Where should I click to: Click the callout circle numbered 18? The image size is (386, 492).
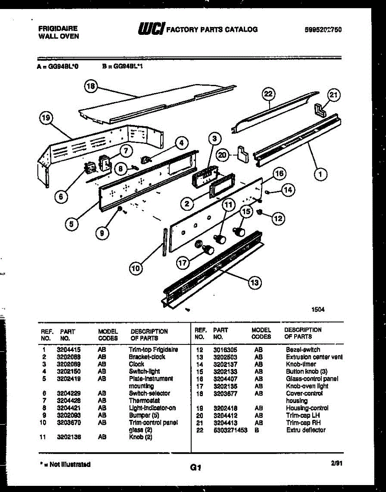pos(91,87)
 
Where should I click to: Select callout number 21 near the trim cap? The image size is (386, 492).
pos(334,96)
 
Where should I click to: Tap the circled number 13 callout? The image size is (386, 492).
pos(255,282)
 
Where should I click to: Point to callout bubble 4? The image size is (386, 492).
pos(181,143)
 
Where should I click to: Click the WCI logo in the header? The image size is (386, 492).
pos(152,29)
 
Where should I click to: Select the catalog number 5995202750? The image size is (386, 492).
pos(323,30)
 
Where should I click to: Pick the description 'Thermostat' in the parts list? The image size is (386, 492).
pos(144,401)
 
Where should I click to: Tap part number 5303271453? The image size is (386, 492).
pos(230,430)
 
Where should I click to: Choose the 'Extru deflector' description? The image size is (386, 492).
pos(306,430)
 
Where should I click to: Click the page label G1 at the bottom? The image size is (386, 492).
pos(195,467)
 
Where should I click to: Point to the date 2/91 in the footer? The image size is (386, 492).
pos(336,463)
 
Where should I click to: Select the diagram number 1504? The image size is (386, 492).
pos(318,310)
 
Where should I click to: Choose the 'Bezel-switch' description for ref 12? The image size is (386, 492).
pos(303,350)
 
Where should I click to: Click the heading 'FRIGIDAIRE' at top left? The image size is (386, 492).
pos(58,29)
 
